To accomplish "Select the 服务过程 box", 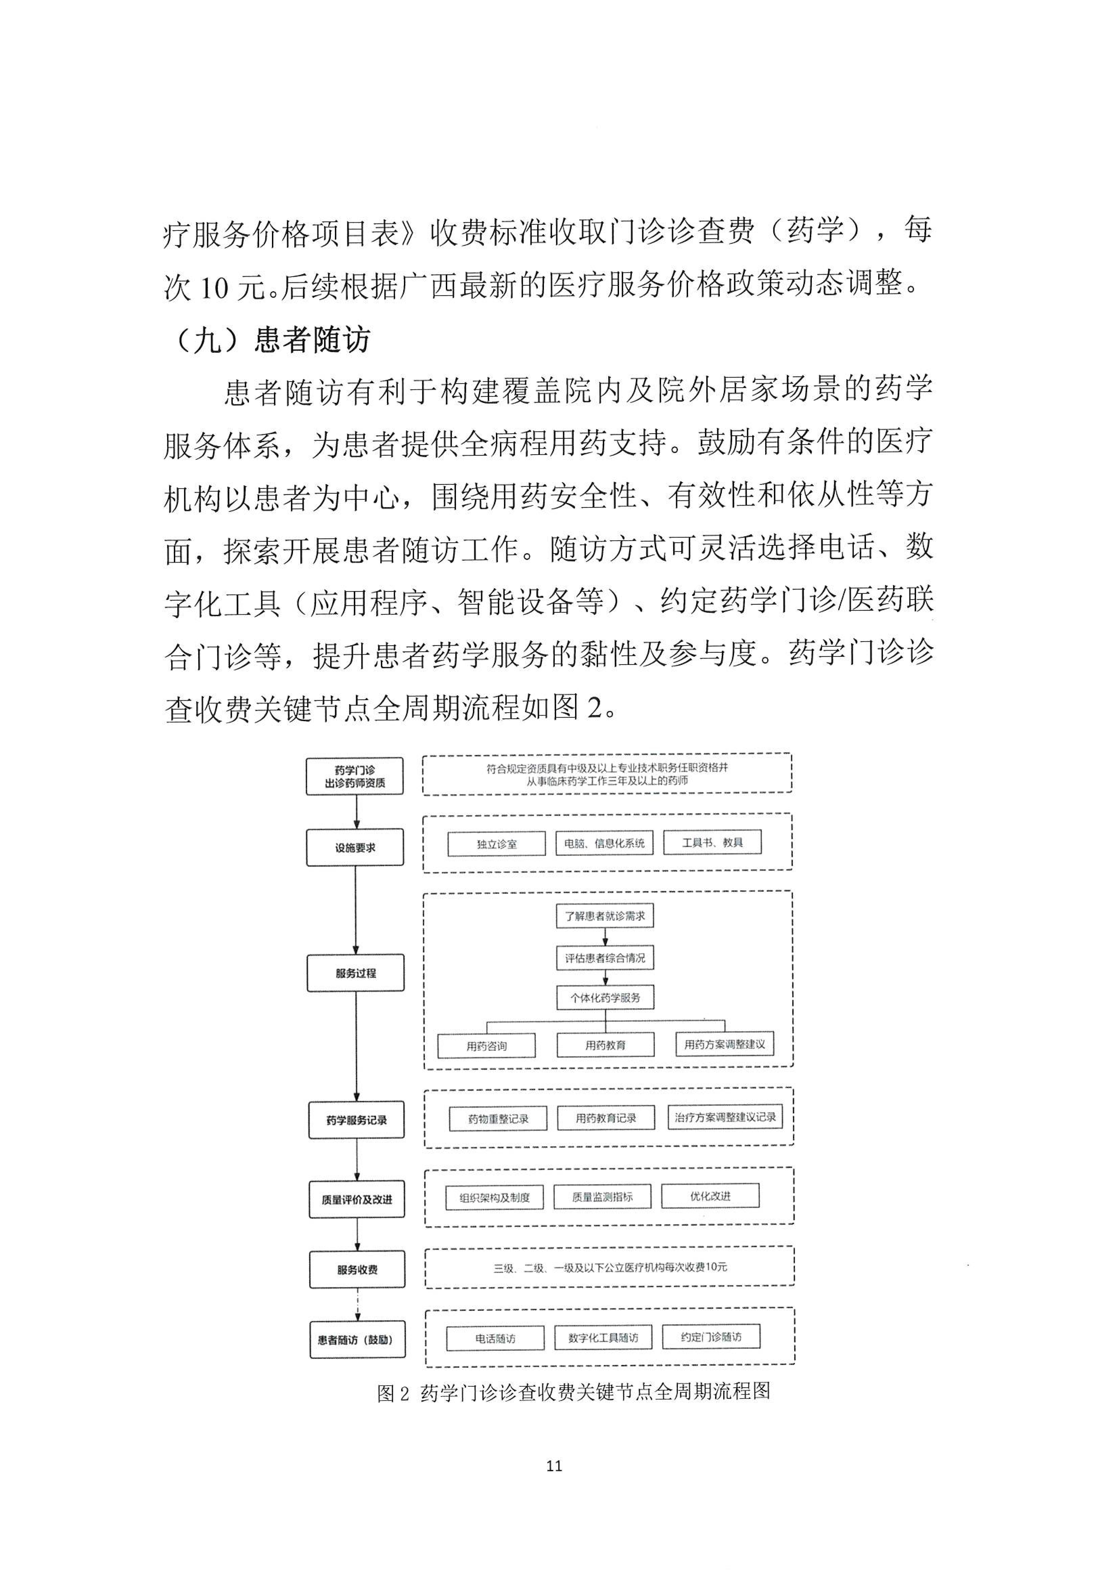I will [x=356, y=973].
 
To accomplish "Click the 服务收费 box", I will [x=357, y=1269].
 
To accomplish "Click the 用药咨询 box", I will [x=486, y=1046].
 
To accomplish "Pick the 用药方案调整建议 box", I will [x=724, y=1045].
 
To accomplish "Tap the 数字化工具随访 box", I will [x=603, y=1337].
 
